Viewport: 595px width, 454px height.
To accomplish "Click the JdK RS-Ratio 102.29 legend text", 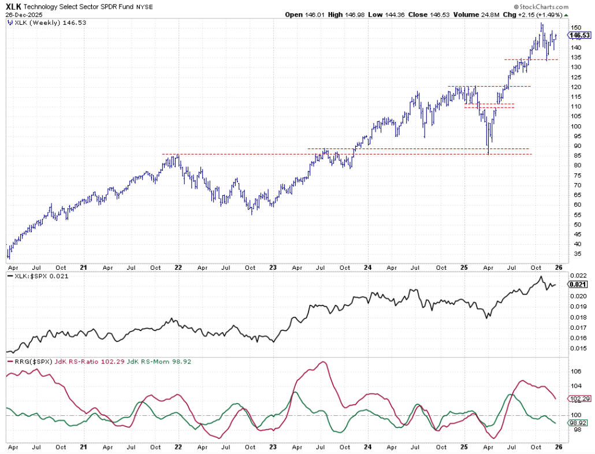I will (82, 361).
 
